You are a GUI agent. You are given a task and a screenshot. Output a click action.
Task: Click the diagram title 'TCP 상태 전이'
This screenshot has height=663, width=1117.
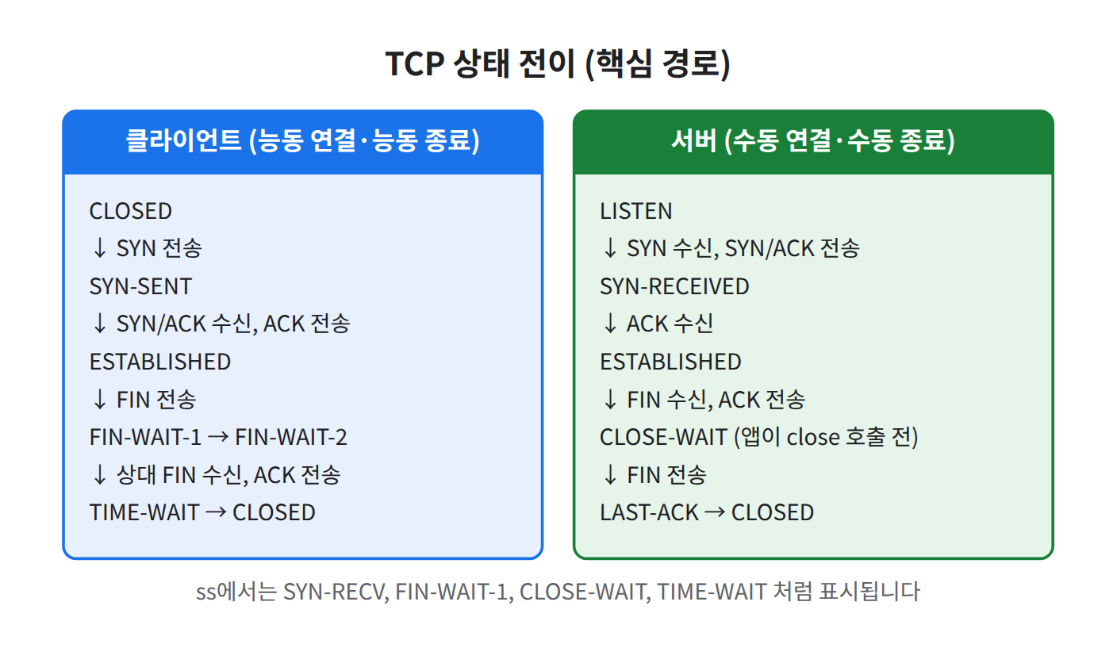tap(481, 63)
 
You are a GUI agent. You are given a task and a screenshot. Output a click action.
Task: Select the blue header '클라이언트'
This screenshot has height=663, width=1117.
tap(183, 140)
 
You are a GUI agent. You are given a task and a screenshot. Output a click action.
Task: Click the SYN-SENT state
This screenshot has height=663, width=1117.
tap(140, 286)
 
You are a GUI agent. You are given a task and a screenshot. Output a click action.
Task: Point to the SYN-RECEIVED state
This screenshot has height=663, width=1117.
tap(674, 286)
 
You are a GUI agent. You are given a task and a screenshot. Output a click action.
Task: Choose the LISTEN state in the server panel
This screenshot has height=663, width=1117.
tap(636, 211)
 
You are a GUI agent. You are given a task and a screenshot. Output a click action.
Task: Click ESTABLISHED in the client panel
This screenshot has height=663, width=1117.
tap(160, 362)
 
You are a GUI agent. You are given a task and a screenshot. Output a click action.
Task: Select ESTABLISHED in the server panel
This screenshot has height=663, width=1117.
tap(670, 362)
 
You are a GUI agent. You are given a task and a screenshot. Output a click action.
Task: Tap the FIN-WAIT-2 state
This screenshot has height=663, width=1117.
tap(290, 437)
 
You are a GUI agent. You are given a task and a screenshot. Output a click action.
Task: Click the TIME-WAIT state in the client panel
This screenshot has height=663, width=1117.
tap(144, 512)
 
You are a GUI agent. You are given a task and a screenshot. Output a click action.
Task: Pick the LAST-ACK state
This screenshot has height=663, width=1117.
tap(649, 512)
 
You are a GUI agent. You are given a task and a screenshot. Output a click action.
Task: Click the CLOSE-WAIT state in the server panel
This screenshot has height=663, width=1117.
tap(664, 437)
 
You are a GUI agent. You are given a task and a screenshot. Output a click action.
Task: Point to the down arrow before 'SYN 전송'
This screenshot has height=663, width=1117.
tap(100, 248)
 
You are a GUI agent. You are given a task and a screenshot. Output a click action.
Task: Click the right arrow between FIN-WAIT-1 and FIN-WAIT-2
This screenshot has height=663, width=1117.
tap(218, 437)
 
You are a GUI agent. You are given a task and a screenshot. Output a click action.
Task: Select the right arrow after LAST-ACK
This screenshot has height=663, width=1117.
tap(715, 512)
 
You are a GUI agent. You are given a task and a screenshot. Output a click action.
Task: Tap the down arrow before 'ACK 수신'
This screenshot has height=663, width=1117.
tap(610, 324)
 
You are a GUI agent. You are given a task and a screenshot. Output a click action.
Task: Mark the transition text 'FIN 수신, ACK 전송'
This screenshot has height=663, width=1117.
tap(716, 400)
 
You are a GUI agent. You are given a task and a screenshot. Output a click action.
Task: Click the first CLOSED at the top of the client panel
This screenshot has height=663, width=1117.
tap(131, 211)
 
